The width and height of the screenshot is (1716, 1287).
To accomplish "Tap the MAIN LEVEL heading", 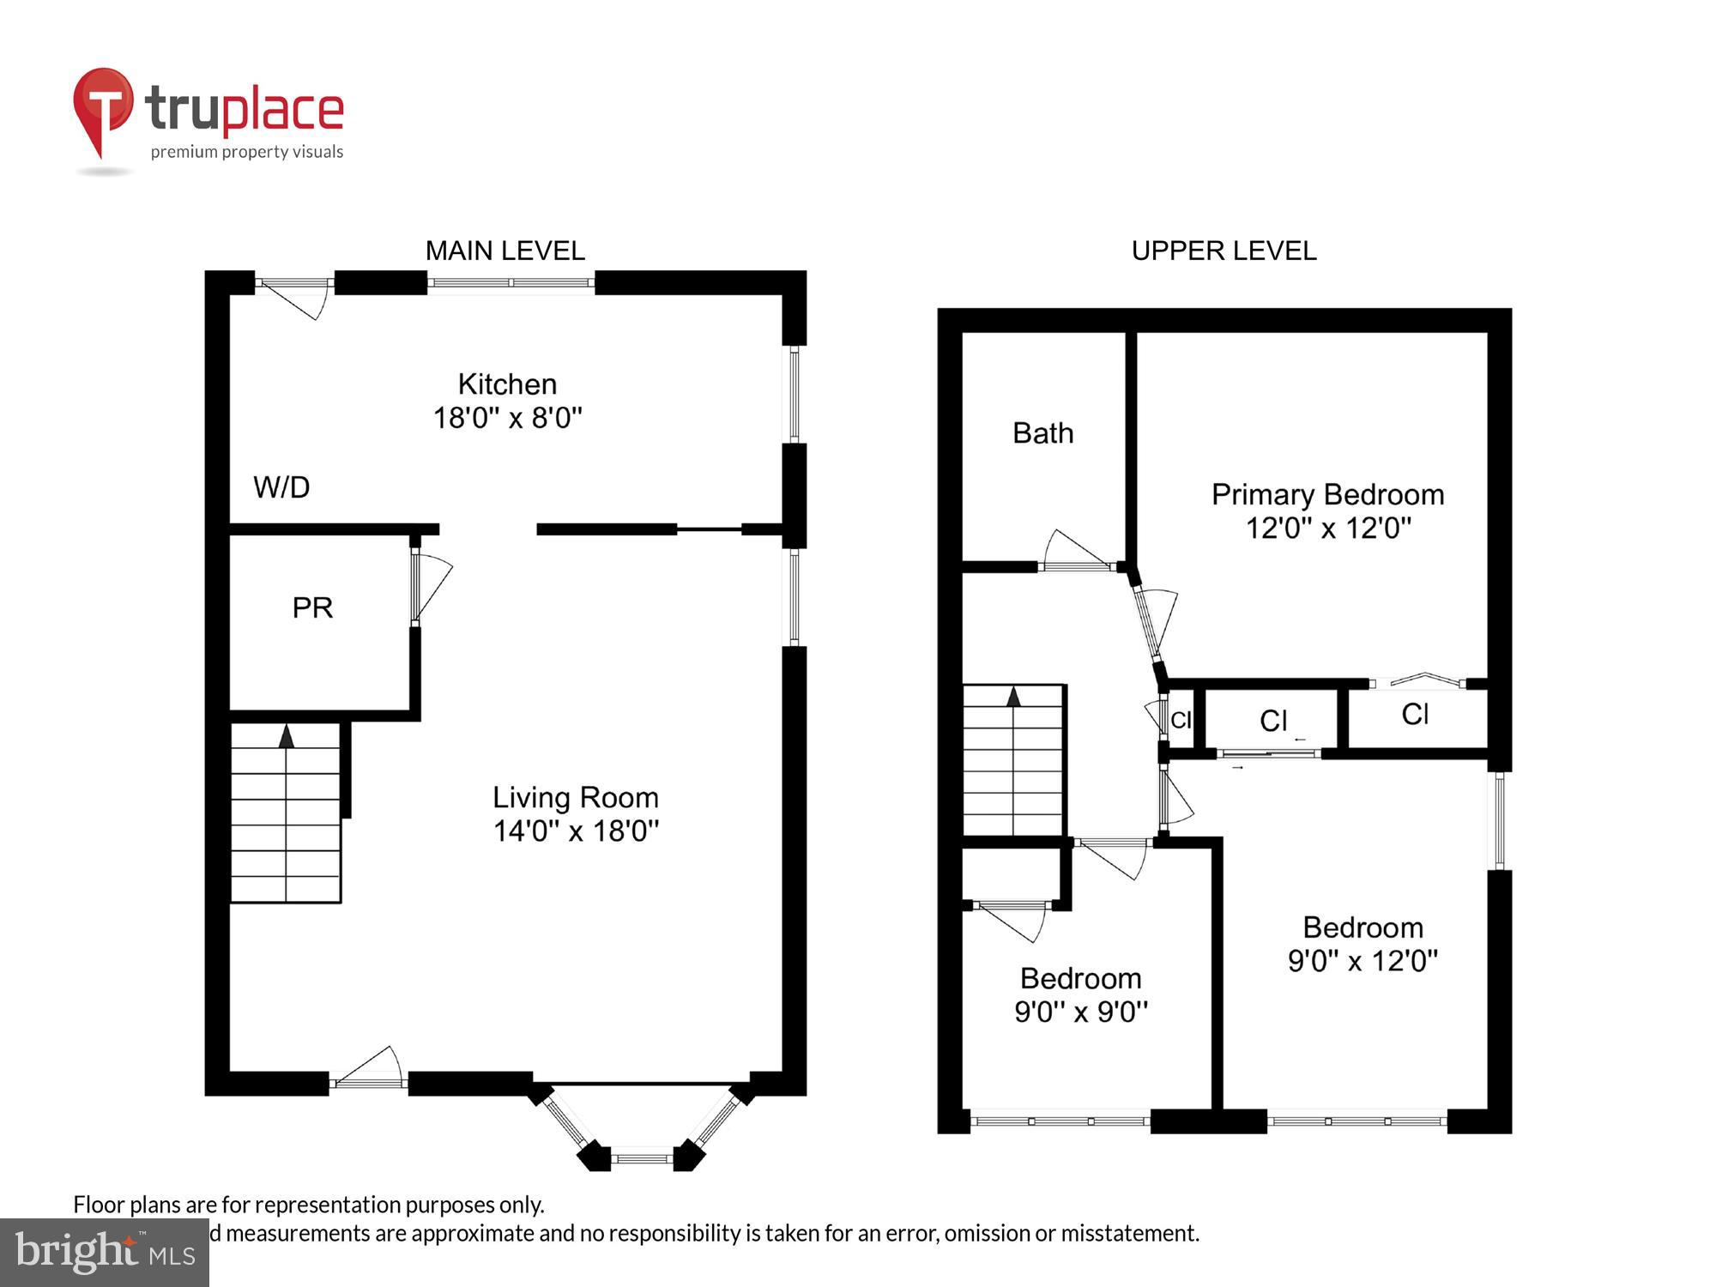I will click(505, 251).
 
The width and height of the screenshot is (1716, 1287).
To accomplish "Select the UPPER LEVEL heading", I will click(1224, 251).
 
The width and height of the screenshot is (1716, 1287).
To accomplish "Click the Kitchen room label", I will click(507, 384).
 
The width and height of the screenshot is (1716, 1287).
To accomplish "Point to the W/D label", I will click(281, 487).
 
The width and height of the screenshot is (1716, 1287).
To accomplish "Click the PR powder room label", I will click(312, 607).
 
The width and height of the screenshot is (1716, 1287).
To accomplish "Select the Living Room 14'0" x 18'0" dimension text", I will click(576, 831).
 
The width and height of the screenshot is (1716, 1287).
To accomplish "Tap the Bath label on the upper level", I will click(1042, 433).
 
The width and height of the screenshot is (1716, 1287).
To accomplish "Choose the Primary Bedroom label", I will click(1327, 495).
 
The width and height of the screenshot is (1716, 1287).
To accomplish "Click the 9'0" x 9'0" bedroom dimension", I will click(1080, 1012).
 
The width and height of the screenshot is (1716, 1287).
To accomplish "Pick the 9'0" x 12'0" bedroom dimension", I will click(1363, 960).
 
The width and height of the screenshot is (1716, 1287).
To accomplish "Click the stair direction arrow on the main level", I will click(287, 736).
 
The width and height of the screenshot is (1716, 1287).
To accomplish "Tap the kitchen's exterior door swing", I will click(296, 297).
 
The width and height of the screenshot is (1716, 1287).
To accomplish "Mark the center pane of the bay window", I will click(642, 1158).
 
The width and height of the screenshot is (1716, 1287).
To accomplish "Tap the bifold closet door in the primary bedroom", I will click(1426, 680).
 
